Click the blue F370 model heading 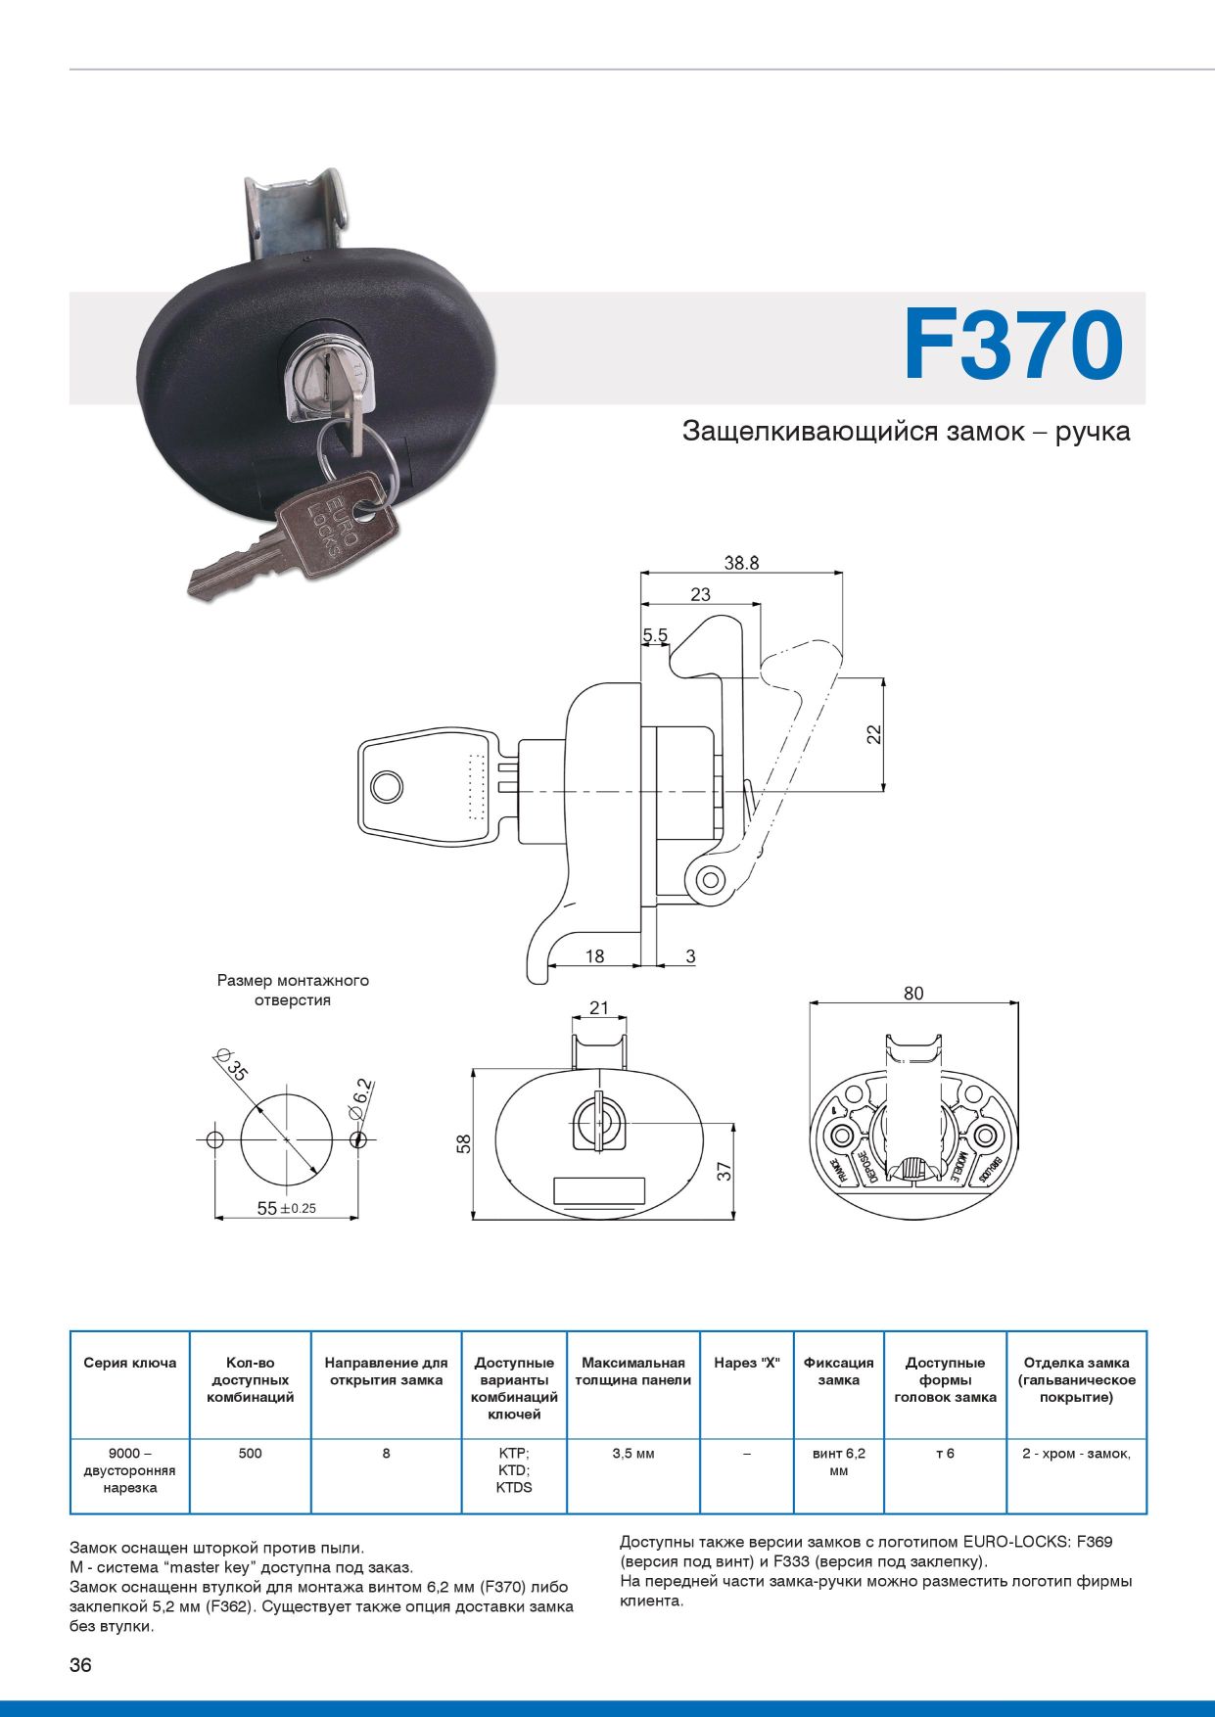[1012, 346]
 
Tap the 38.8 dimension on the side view [741, 563]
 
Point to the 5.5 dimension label [655, 635]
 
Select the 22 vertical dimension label [874, 733]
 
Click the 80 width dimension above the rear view [912, 994]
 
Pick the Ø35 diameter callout [233, 1064]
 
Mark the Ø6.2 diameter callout [360, 1099]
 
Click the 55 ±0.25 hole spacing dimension [286, 1208]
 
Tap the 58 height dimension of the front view [464, 1143]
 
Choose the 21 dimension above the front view [598, 1008]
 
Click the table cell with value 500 [250, 1454]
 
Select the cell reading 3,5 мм [632, 1454]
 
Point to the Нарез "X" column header [746, 1363]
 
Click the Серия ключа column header [129, 1363]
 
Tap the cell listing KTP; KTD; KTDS [514, 1470]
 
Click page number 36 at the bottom [80, 1665]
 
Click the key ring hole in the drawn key [387, 787]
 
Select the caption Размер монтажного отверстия [293, 990]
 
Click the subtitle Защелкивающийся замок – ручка [906, 432]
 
